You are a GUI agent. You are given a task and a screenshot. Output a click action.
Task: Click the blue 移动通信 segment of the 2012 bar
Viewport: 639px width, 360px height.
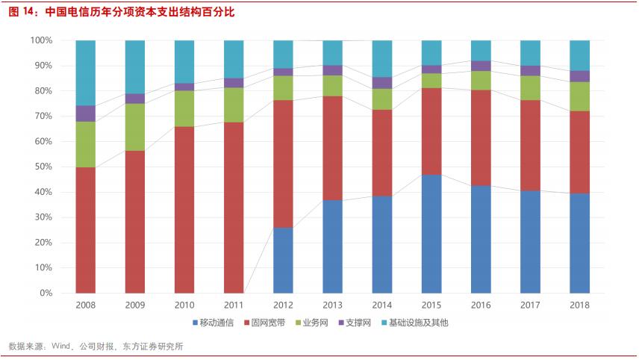click(x=283, y=260)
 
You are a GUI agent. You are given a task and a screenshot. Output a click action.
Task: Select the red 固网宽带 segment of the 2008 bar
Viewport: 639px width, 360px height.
click(x=86, y=230)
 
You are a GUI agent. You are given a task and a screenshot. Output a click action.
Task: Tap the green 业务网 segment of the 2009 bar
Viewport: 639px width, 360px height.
click(x=135, y=127)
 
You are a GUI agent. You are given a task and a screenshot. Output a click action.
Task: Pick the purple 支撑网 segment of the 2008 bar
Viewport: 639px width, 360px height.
click(x=86, y=114)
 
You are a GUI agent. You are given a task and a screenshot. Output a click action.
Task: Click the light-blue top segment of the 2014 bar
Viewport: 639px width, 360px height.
click(x=382, y=58)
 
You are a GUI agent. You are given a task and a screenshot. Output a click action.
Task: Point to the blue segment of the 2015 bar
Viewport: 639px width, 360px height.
click(x=431, y=234)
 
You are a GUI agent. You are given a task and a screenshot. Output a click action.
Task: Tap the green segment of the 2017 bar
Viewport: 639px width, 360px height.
click(x=530, y=88)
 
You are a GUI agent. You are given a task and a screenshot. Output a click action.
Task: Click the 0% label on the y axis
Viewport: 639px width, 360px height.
click(x=44, y=293)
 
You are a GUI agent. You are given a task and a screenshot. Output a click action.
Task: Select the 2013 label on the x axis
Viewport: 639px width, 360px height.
click(x=333, y=305)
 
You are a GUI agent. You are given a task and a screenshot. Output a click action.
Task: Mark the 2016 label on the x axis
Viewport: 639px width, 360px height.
click(x=481, y=305)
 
